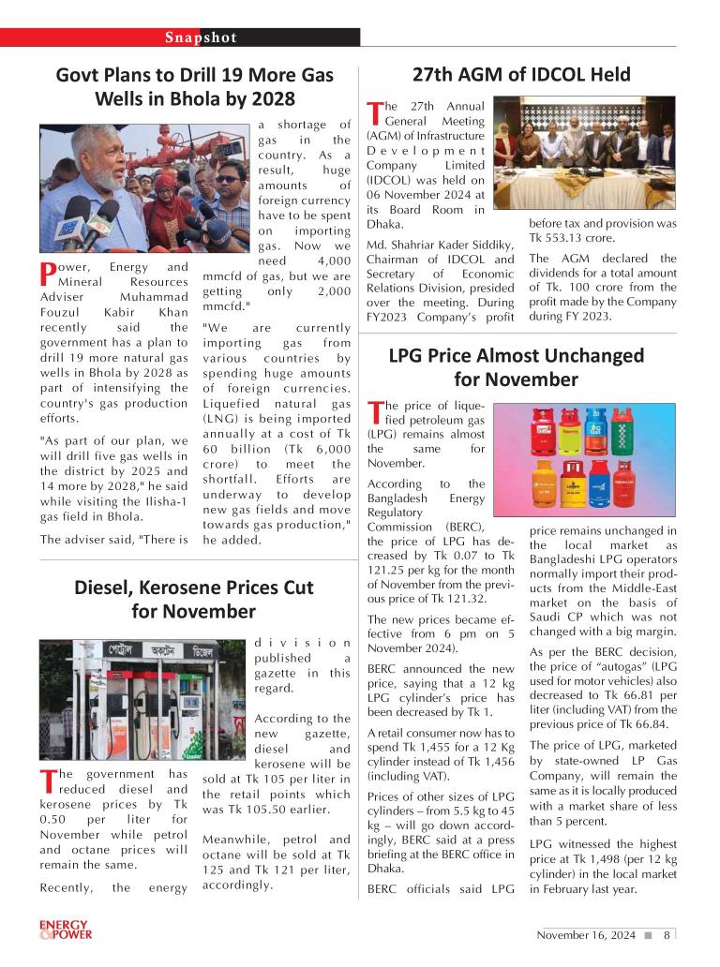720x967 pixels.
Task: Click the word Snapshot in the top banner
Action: point(201,37)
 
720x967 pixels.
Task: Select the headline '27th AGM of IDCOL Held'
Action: point(521,75)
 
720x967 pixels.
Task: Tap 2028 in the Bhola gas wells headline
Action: point(272,99)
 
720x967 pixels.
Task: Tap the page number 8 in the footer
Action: point(667,935)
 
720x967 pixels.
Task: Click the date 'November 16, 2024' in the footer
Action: point(586,935)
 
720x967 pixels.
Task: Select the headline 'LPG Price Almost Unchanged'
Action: point(517,356)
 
